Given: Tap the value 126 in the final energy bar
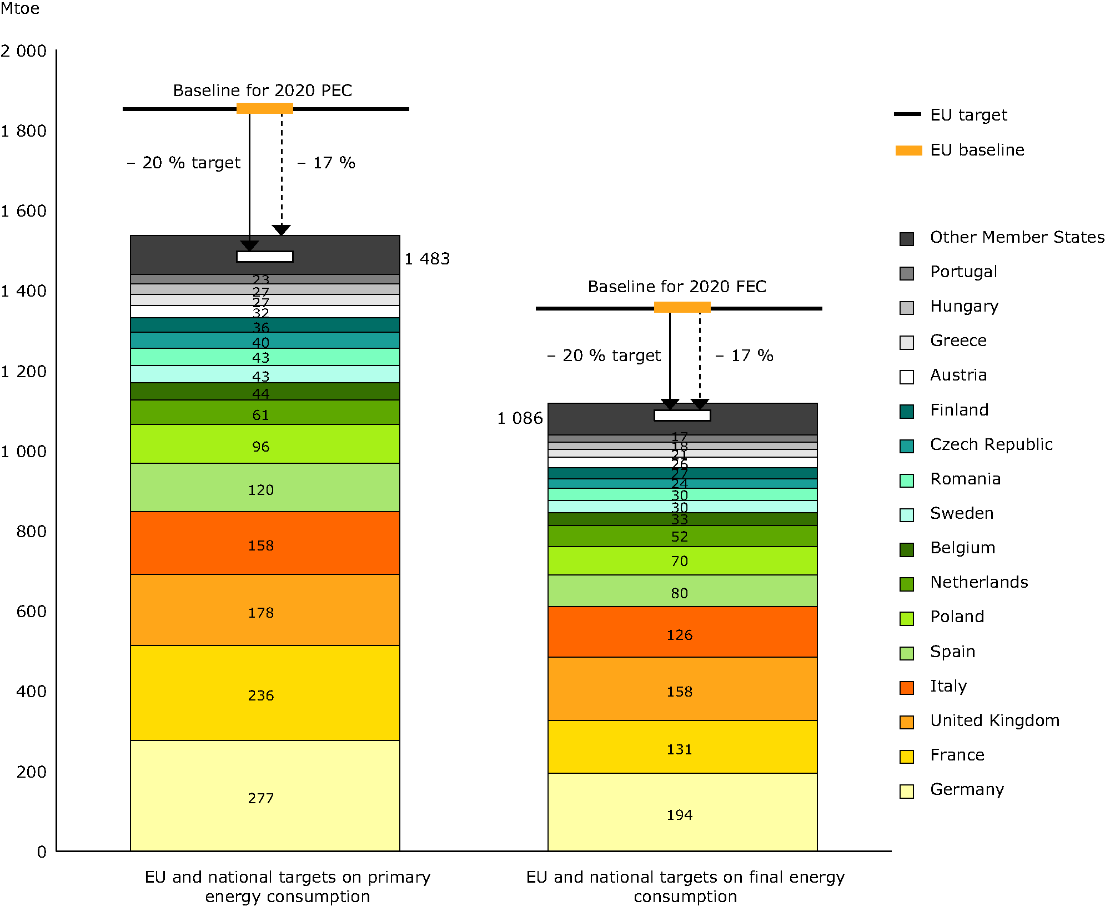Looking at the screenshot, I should pos(680,635).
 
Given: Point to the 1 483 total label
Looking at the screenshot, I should pos(427,259).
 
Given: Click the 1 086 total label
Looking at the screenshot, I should pos(520,418).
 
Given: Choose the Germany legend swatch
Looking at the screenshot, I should pos(907,791).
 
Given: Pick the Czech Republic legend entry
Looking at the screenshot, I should pos(991,444).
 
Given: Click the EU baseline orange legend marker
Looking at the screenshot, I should pos(908,151).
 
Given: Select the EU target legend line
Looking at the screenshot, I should pos(907,114).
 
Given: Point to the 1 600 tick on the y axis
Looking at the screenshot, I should pos(24,211).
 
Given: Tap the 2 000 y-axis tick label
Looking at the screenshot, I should pos(24,51).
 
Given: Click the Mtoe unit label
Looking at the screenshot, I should pos(20,9).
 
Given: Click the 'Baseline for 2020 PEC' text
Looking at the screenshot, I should pos(263,91).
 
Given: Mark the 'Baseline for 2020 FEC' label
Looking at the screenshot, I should pos(677,287).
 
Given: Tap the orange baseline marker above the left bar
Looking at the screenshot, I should pos(265,108).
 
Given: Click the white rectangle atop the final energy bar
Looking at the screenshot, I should pos(682,416).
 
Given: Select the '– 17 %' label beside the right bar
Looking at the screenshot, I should pos(744,356).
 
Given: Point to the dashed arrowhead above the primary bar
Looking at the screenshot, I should pos(282,230).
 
